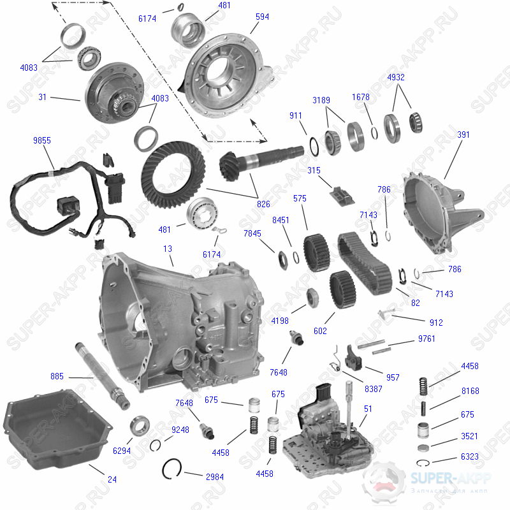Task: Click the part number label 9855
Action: click(x=42, y=140)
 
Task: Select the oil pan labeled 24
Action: click(x=57, y=429)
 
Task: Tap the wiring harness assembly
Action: click(x=70, y=199)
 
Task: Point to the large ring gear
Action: click(x=173, y=175)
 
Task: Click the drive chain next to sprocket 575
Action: click(x=364, y=263)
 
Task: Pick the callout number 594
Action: click(x=262, y=17)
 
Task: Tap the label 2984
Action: click(x=215, y=477)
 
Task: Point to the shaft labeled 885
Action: click(x=102, y=376)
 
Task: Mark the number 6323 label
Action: click(x=470, y=456)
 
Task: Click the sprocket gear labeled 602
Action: click(x=342, y=289)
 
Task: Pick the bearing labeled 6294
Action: click(x=140, y=426)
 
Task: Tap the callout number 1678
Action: click(x=361, y=97)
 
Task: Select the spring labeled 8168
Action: click(x=423, y=409)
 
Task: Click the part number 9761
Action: click(x=426, y=339)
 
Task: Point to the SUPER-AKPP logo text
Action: click(x=451, y=478)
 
